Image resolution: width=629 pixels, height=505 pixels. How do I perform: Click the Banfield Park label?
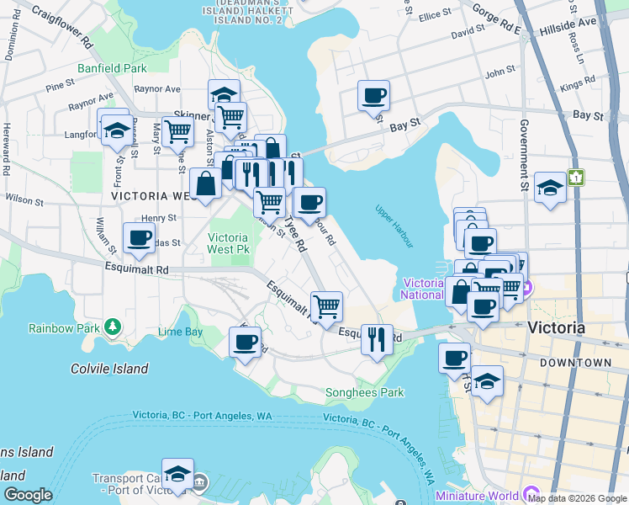(112, 67)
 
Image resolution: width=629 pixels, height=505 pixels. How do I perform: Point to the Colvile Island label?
(109, 369)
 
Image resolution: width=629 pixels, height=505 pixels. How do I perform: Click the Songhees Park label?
(365, 392)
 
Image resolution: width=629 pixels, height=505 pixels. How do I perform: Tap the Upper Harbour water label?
(394, 226)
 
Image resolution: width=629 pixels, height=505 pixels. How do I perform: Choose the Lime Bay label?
(180, 332)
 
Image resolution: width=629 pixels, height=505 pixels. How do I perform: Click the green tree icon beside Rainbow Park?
(113, 326)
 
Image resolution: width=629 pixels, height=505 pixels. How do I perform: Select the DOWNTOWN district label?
(576, 362)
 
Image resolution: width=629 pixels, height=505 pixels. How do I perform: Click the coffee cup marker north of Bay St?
(373, 95)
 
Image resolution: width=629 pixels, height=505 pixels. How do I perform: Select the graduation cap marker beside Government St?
(550, 187)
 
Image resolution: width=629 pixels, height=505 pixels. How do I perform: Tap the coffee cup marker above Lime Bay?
(245, 342)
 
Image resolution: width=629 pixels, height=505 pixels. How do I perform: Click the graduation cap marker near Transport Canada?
(177, 473)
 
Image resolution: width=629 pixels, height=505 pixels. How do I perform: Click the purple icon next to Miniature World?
(530, 492)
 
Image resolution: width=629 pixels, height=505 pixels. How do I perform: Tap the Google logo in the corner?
(28, 495)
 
